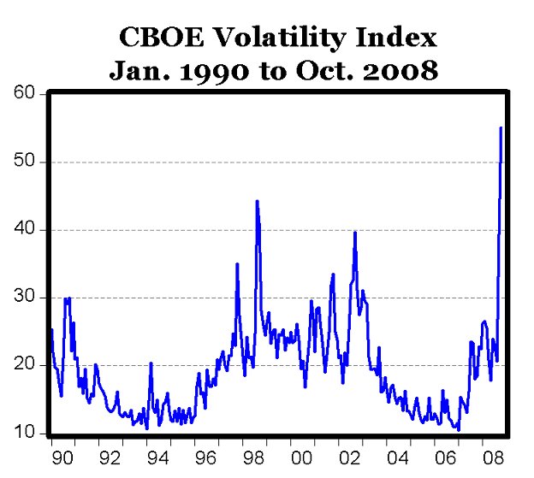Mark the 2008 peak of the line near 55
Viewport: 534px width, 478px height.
click(501, 128)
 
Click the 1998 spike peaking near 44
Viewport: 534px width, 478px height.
click(257, 202)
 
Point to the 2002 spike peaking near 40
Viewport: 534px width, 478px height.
click(354, 233)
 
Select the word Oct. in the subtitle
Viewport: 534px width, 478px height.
click(323, 70)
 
